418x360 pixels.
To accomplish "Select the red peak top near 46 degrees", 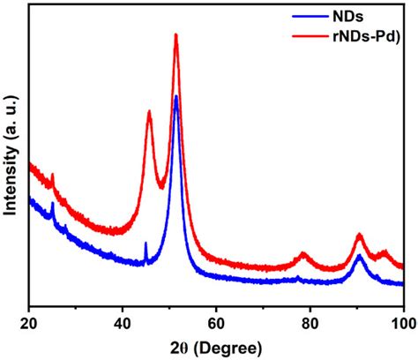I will pyautogui.click(x=149, y=111).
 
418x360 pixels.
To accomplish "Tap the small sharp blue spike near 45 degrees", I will pyautogui.click(x=146, y=243).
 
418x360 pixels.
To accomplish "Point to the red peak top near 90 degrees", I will pyautogui.click(x=359, y=235).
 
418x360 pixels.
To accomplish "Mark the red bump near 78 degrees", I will pyautogui.click(x=303, y=254).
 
